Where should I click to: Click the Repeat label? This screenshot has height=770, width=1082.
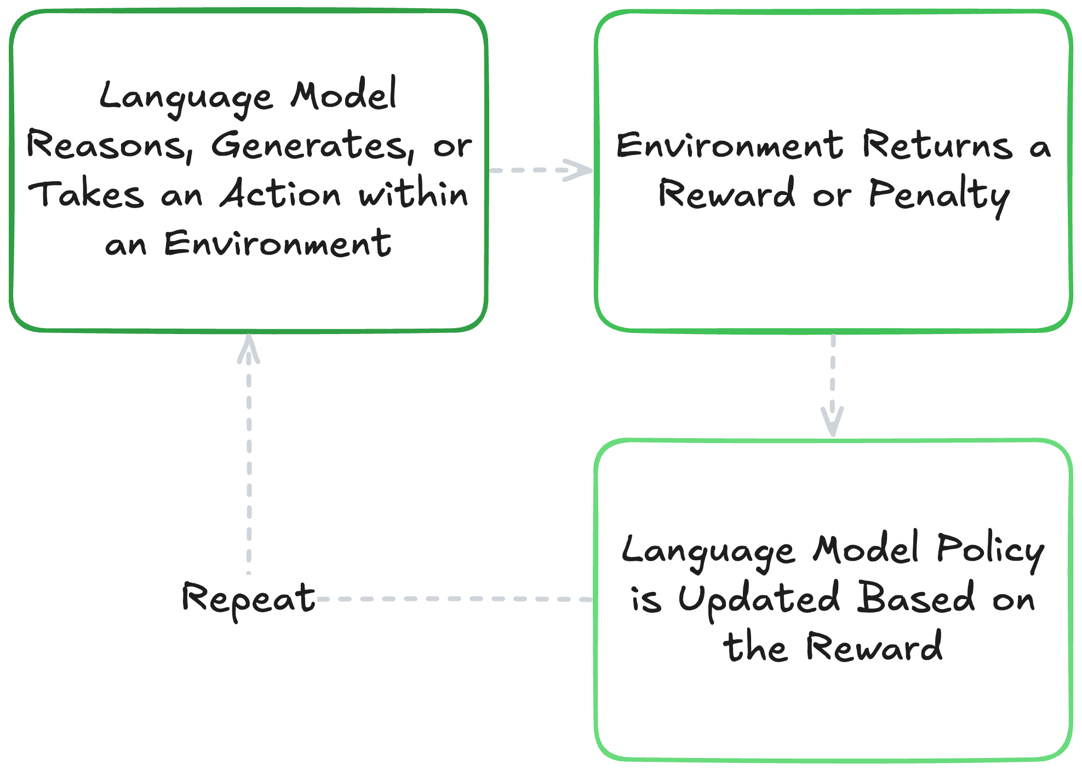coord(249,599)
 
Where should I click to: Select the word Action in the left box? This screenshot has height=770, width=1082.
coord(280,194)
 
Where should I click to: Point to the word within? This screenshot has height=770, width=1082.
coord(414,194)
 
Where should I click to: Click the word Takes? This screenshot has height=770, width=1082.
coord(86,195)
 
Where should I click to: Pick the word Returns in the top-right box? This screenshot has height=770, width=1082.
coord(937,146)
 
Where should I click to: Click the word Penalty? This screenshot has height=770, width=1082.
coord(940,195)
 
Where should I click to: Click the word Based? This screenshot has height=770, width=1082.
coord(916,598)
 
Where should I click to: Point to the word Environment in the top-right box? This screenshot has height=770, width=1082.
coord(730,146)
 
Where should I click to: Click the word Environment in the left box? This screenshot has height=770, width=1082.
coord(278,244)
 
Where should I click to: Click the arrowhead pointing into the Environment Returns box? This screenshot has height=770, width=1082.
coord(581,170)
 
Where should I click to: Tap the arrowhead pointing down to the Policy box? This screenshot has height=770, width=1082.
coord(833,424)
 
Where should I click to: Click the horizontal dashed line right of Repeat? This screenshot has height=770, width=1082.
coord(455,599)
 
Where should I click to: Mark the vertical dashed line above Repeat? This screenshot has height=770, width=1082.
coord(249,466)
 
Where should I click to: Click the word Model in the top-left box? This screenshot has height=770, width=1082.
coord(344,95)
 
